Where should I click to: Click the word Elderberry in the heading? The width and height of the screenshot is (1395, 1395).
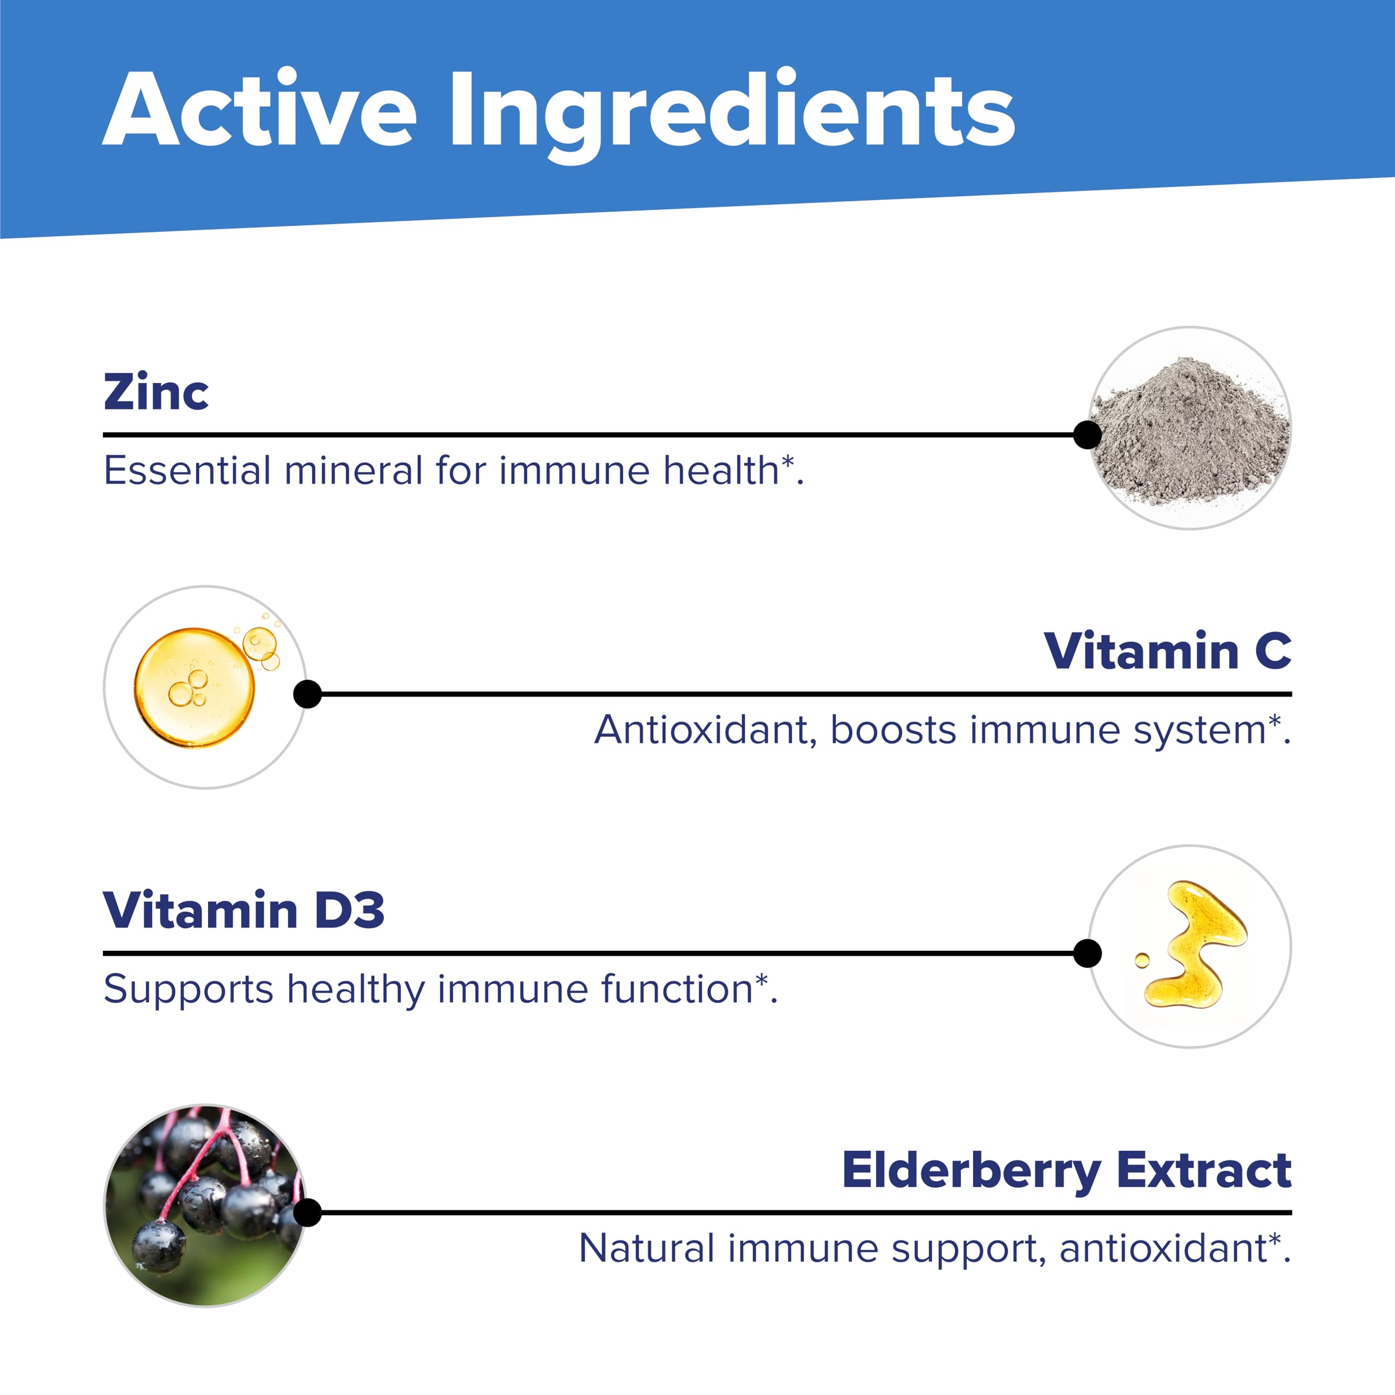[971, 1171]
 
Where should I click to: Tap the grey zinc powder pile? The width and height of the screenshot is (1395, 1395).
[1191, 433]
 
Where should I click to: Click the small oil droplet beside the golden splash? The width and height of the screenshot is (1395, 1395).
[1142, 960]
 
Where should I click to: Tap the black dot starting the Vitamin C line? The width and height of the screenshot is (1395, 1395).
[307, 694]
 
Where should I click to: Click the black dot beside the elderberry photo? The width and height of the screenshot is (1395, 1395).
[307, 1213]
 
